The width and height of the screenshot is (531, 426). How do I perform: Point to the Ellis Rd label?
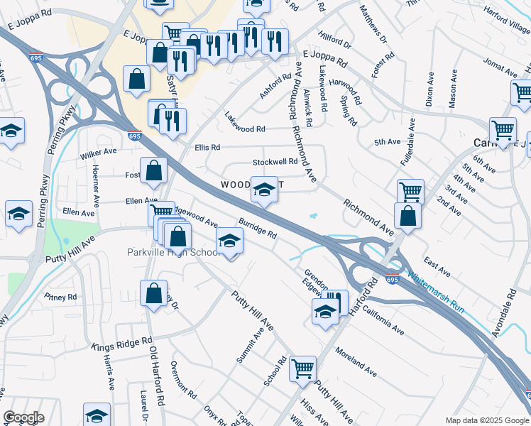[x=207, y=148]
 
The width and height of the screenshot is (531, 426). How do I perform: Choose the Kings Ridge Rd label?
[x=121, y=344]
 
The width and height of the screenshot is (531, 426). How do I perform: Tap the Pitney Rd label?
[x=59, y=297]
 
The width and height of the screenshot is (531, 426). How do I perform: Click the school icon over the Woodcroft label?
[x=264, y=190]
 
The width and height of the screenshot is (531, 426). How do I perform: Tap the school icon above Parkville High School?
[x=229, y=242]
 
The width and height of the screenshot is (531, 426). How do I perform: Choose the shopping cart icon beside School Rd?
[x=303, y=368]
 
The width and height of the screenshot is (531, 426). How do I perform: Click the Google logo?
[x=23, y=417]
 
